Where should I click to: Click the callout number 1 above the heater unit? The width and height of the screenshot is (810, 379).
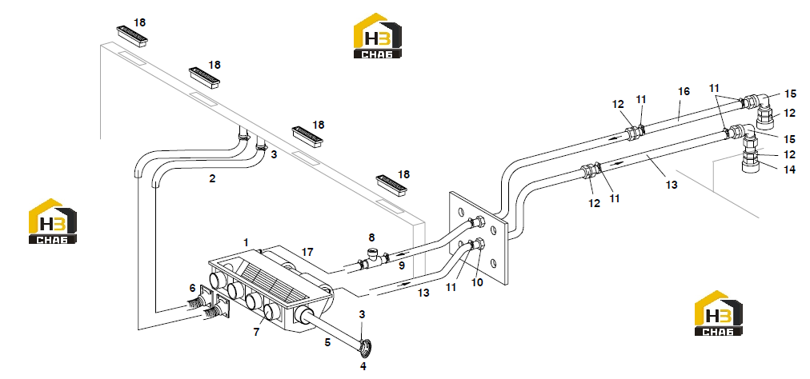pyautogui.click(x=247, y=242)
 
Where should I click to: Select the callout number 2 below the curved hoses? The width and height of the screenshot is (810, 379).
pyautogui.click(x=212, y=178)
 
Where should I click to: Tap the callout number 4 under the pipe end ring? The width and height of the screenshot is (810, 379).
pyautogui.click(x=363, y=366)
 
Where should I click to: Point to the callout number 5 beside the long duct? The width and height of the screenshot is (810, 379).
pyautogui.click(x=327, y=341)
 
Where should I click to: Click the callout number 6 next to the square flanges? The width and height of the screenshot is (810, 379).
pyautogui.click(x=193, y=288)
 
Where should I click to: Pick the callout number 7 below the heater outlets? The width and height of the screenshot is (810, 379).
pyautogui.click(x=255, y=332)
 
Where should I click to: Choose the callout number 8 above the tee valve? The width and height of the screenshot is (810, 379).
pyautogui.click(x=371, y=238)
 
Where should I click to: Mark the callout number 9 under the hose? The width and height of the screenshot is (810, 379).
pyautogui.click(x=401, y=265)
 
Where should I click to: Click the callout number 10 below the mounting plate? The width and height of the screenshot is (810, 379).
pyautogui.click(x=477, y=282)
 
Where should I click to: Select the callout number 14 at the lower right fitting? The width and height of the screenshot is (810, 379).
pyautogui.click(x=790, y=169)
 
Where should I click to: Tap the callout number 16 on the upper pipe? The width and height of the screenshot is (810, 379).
pyautogui.click(x=684, y=91)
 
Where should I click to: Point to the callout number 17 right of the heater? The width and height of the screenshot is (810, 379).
pyautogui.click(x=308, y=252)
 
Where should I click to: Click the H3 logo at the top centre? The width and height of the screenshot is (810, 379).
pyautogui.click(x=378, y=36)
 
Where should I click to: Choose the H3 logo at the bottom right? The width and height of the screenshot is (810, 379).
pyautogui.click(x=719, y=313)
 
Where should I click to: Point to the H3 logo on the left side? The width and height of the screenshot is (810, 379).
pyautogui.click(x=53, y=221)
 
